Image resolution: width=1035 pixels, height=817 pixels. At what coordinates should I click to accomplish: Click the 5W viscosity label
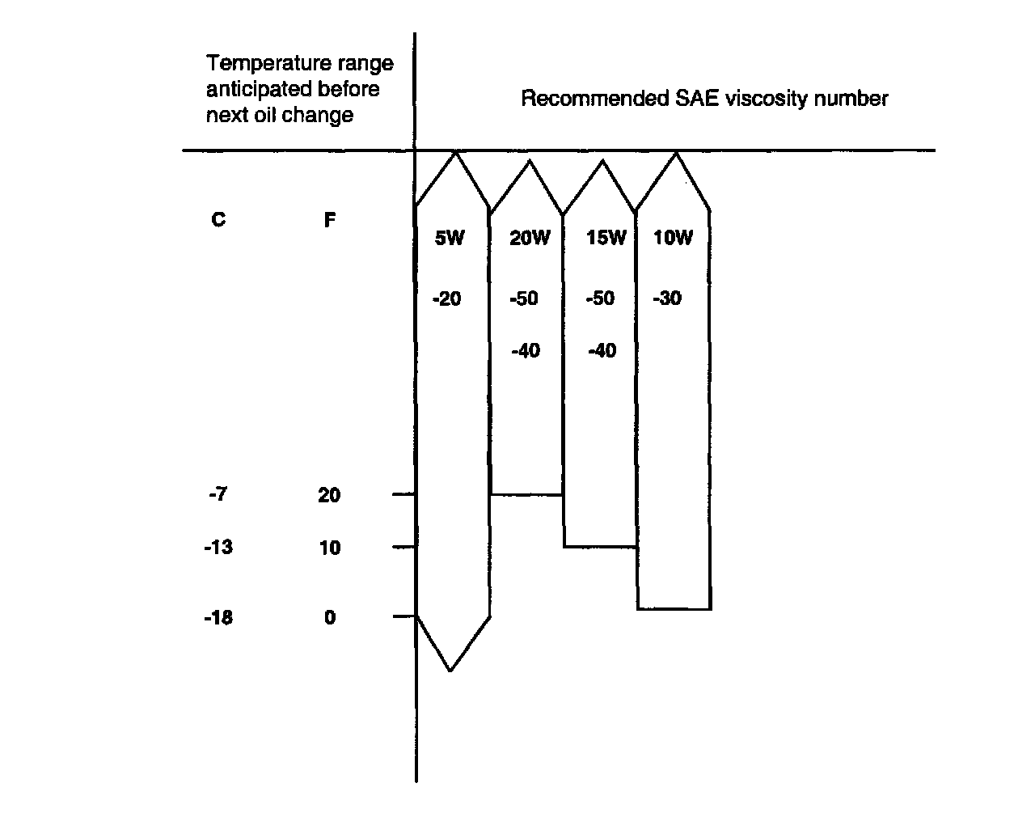(450, 238)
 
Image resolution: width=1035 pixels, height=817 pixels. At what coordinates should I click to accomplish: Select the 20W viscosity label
(530, 238)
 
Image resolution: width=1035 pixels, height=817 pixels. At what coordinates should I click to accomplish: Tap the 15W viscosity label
(606, 238)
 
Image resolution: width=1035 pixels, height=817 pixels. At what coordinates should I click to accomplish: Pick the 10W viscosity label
(674, 238)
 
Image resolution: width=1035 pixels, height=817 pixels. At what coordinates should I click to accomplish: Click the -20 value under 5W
(446, 299)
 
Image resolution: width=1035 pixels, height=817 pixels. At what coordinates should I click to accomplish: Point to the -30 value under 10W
(667, 299)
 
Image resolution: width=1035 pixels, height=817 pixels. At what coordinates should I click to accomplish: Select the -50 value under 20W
(524, 299)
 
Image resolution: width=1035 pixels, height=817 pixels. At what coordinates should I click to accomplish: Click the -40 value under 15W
(602, 351)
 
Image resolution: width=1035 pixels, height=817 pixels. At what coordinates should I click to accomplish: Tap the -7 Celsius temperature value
(218, 494)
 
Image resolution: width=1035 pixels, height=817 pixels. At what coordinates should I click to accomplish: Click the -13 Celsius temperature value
(218, 548)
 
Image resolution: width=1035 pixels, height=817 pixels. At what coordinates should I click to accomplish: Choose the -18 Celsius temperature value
(218, 618)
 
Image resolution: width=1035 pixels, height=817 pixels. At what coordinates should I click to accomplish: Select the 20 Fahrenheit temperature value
(329, 495)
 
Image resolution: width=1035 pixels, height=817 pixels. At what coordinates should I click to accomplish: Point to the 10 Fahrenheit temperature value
(329, 548)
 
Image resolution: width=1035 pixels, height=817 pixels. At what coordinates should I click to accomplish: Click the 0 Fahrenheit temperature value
(329, 618)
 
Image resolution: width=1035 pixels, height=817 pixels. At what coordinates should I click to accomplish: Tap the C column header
(218, 220)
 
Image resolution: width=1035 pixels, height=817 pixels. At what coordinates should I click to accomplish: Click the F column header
(329, 220)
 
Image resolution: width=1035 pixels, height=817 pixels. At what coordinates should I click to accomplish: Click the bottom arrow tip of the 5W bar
(450, 670)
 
